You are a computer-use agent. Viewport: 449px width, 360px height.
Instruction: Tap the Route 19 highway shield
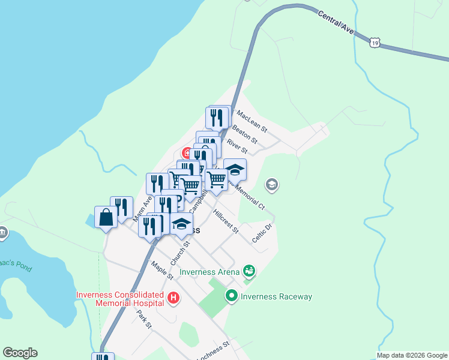375,43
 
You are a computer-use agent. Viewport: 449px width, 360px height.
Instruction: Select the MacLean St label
252,121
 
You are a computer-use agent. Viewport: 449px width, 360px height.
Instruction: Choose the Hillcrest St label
226,221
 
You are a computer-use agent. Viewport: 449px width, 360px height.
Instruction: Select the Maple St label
162,270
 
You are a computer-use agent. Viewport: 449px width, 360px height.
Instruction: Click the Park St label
143,319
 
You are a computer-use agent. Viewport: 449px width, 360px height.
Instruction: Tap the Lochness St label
213,352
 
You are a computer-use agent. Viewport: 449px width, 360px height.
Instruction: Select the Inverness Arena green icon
249,272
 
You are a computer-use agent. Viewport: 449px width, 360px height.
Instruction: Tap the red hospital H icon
173,297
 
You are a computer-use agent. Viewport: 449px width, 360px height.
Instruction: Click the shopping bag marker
106,217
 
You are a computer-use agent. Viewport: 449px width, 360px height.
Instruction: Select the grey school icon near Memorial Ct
272,185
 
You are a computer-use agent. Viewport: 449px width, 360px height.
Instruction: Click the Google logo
20,353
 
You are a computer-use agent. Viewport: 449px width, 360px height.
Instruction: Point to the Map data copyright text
412,355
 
